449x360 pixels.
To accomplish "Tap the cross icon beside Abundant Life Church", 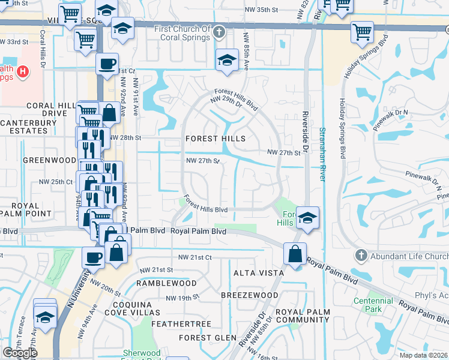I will (x=360, y=254).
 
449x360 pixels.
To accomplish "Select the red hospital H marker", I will (x=23, y=72).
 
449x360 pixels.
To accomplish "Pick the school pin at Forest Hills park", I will (x=307, y=217).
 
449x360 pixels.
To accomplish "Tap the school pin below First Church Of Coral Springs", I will (x=226, y=60).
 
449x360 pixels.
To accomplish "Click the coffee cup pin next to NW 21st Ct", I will (x=93, y=257).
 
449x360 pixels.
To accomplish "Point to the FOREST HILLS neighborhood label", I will (x=215, y=139).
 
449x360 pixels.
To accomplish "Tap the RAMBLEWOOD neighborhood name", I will (x=166, y=283).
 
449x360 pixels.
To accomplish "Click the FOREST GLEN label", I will (x=208, y=338).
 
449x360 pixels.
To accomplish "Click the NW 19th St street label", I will (x=182, y=298).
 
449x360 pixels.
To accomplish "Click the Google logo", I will (x=20, y=352).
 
